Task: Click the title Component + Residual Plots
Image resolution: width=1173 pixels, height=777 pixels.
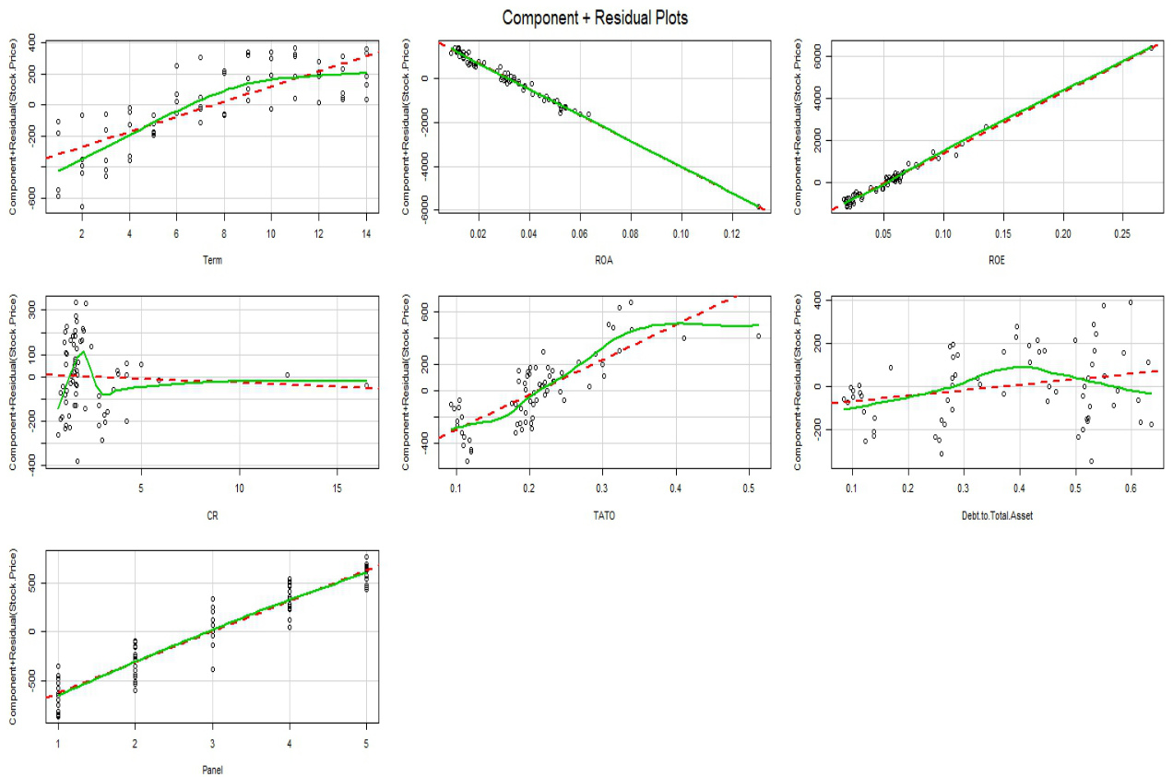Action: point(595,18)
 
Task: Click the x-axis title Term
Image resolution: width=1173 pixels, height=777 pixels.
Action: point(213,259)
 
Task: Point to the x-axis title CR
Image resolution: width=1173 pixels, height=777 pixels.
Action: point(213,515)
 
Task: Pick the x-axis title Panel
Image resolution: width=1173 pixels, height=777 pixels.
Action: point(213,770)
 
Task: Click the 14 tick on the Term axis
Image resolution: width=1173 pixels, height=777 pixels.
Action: point(366,234)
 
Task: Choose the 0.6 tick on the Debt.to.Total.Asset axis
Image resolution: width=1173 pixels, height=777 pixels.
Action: point(1131,489)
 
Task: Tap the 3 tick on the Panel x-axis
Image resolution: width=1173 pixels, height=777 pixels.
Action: point(213,744)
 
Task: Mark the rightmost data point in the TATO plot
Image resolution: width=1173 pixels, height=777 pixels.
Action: point(758,336)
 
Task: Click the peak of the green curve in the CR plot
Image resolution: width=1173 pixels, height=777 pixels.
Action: point(83,351)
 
